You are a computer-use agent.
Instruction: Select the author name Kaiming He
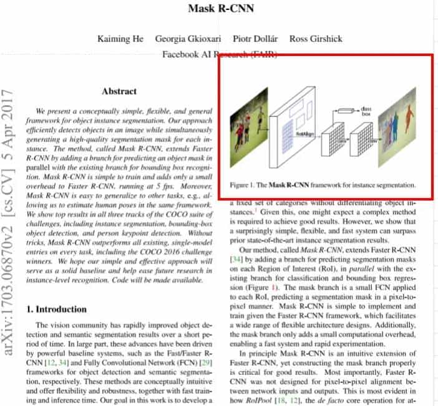point(120,39)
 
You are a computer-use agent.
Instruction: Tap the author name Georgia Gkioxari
point(188,39)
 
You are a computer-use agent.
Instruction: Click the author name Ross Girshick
point(316,39)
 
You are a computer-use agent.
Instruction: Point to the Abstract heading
point(119,91)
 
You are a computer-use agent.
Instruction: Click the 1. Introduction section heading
point(57,309)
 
